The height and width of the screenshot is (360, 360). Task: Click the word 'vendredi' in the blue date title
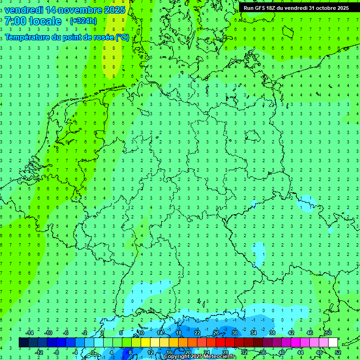pos(23,10)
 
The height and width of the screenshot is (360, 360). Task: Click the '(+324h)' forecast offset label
pos(83,21)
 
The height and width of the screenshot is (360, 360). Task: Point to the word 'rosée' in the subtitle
pos(97,37)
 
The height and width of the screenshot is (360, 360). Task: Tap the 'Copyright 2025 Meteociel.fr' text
pos(200,357)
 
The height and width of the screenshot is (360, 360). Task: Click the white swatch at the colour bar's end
pos(333,343)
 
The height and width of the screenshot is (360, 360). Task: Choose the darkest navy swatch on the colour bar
pos(23,343)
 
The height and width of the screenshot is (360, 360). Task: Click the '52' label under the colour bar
pos(338,352)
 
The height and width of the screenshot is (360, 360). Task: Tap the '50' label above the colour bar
pos(328,333)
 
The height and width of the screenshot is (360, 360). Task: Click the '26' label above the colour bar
pos(216,333)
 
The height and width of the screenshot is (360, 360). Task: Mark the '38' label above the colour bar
pos(272,333)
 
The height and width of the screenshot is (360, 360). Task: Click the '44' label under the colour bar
pos(300,352)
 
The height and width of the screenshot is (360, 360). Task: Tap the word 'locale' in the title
pos(45,21)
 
